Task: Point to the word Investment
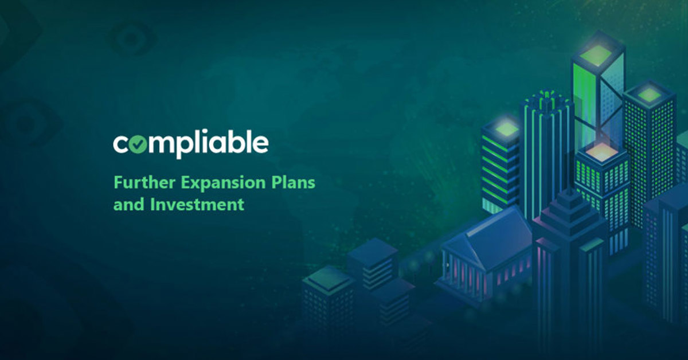(197, 204)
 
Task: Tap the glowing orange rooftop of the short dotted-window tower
(601, 152)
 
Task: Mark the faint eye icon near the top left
(131, 39)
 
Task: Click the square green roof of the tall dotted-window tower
(648, 95)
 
